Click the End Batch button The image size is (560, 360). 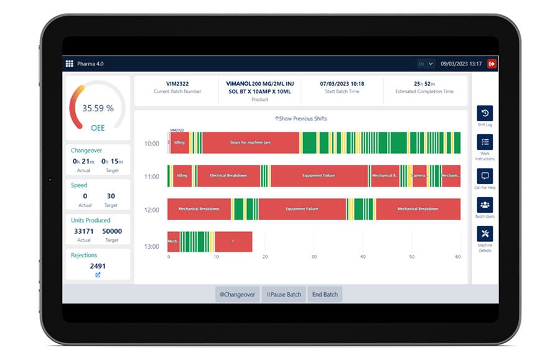pyautogui.click(x=325, y=294)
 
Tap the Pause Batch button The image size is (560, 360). pyautogui.click(x=284, y=294)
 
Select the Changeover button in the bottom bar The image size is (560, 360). pyautogui.click(x=237, y=294)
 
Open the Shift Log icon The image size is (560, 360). pyautogui.click(x=485, y=113)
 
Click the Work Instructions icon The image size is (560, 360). pyautogui.click(x=485, y=142)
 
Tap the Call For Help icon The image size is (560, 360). pyautogui.click(x=485, y=176)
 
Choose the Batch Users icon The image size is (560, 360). pyautogui.click(x=485, y=205)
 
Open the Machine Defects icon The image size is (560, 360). pyautogui.click(x=485, y=234)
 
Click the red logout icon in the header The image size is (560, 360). pyautogui.click(x=492, y=63)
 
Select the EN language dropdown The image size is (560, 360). pyautogui.click(x=426, y=63)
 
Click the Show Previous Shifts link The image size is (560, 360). pyautogui.click(x=301, y=119)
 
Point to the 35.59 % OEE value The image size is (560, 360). pyautogui.click(x=98, y=108)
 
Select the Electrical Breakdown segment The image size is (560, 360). pyautogui.click(x=228, y=176)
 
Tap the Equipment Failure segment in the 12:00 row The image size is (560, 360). pyautogui.click(x=302, y=209)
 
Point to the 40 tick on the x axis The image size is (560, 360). pyautogui.click(x=363, y=256)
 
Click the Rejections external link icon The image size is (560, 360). pyautogui.click(x=98, y=274)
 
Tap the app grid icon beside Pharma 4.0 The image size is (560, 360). pyautogui.click(x=69, y=63)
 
